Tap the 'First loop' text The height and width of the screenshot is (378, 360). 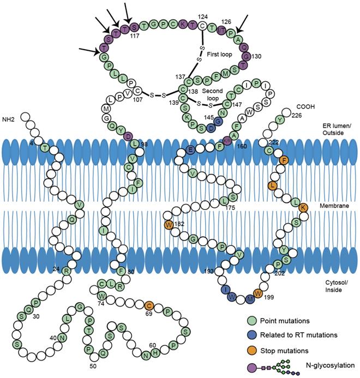220,46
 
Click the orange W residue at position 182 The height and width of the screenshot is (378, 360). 169,224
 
